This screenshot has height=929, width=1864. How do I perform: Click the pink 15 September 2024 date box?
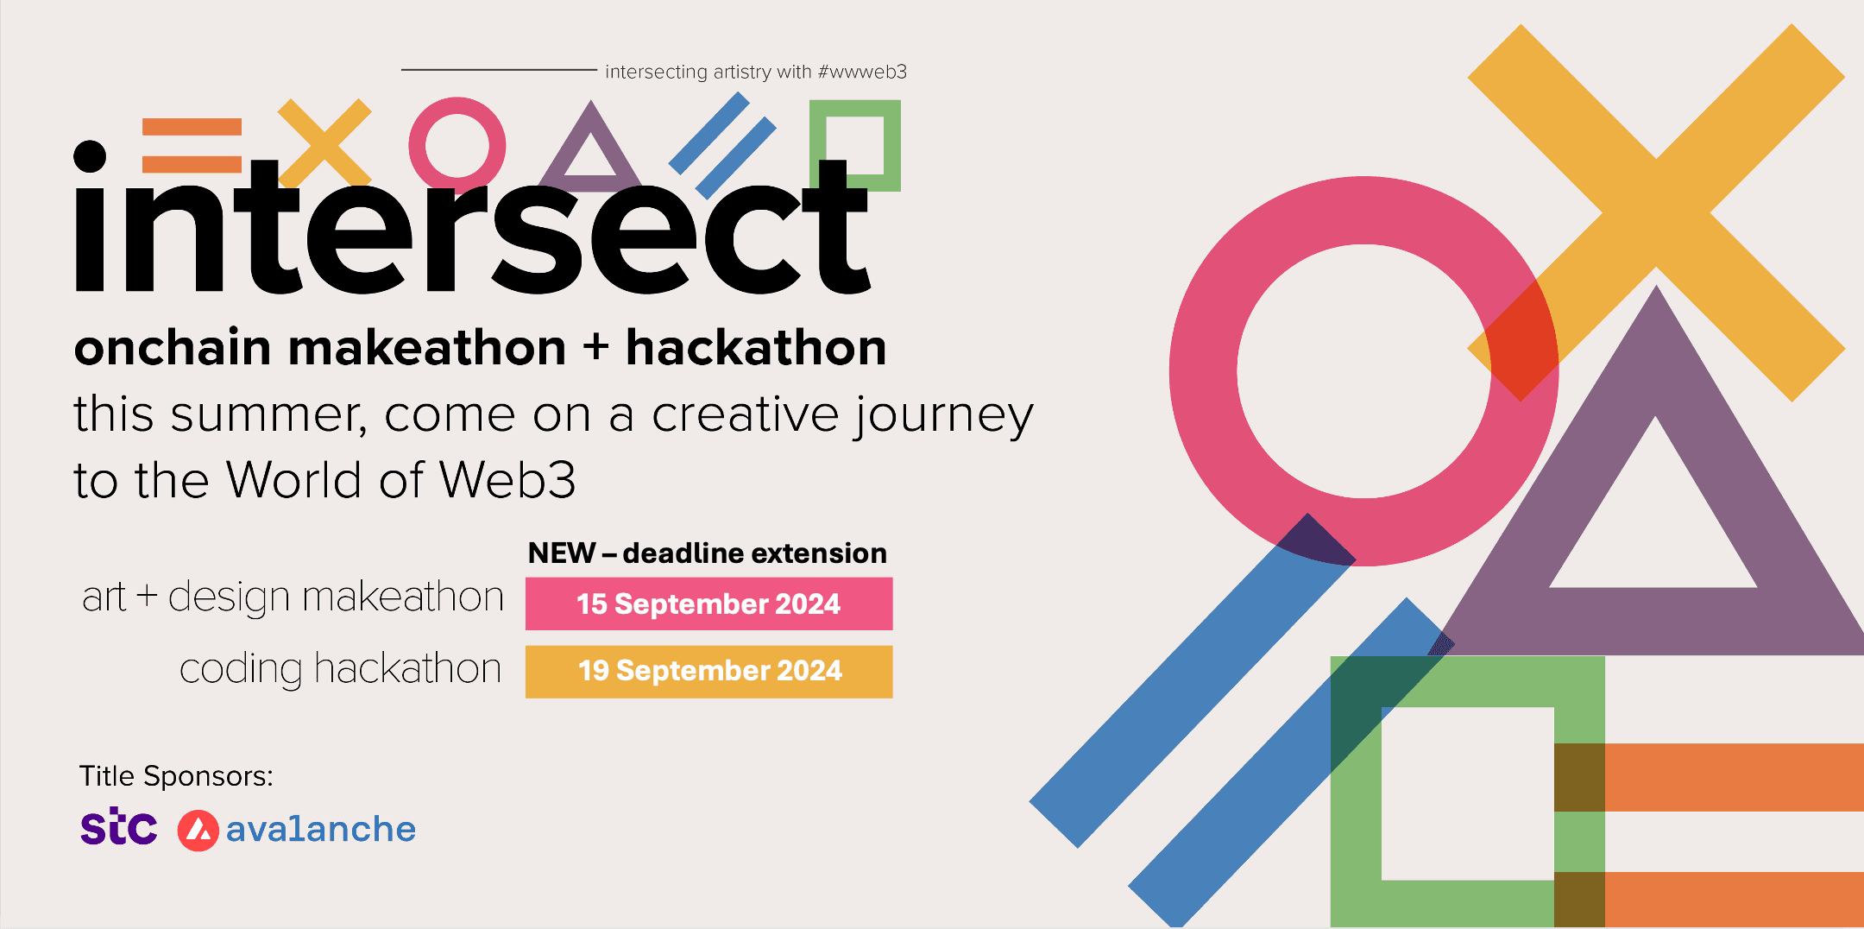click(x=708, y=604)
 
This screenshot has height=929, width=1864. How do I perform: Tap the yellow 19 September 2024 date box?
click(x=708, y=671)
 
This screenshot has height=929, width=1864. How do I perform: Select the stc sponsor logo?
click(x=119, y=827)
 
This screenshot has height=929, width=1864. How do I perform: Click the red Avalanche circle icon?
click(x=198, y=831)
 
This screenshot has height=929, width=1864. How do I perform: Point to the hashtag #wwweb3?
click(x=861, y=72)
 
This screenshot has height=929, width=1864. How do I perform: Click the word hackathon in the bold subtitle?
click(x=756, y=348)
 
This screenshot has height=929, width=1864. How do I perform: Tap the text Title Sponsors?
click(x=176, y=776)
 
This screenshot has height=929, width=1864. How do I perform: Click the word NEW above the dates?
click(x=562, y=553)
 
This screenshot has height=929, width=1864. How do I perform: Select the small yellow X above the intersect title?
click(x=324, y=141)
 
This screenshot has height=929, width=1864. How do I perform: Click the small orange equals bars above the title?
click(x=192, y=146)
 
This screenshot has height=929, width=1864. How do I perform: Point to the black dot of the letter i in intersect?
click(x=90, y=156)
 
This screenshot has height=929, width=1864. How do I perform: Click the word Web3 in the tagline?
click(x=507, y=480)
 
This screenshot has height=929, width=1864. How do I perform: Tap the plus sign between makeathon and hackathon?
click(x=595, y=348)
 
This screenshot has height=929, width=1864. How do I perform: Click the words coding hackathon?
click(x=340, y=669)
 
